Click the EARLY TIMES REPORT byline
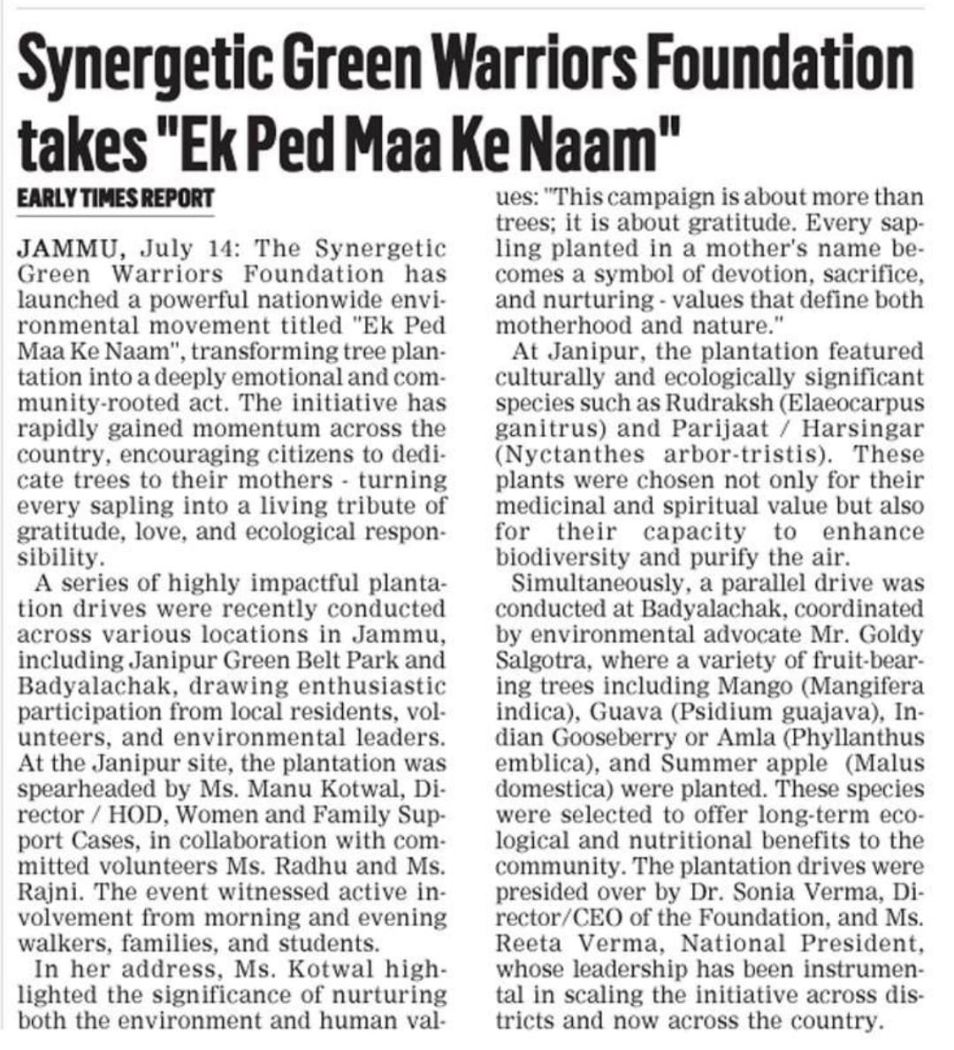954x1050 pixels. (115, 198)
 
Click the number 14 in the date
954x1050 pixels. (226, 249)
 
